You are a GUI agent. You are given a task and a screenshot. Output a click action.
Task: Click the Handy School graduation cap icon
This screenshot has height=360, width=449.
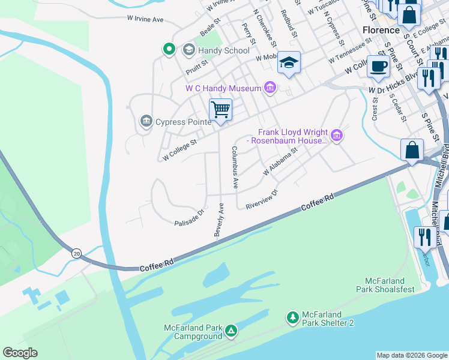[188, 50]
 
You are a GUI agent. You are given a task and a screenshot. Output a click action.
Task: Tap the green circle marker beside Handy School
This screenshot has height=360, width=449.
[169, 49]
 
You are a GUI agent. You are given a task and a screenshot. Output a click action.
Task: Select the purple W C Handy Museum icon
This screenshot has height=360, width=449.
[270, 88]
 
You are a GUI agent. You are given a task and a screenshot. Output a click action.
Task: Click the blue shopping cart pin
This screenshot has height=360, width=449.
[220, 110]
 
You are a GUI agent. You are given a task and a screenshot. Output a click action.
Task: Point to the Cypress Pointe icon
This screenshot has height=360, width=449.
[146, 122]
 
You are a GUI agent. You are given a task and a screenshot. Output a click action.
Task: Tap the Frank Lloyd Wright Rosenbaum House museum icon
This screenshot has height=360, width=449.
[336, 136]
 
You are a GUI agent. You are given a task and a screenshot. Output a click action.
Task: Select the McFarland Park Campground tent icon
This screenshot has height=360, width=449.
[231, 331]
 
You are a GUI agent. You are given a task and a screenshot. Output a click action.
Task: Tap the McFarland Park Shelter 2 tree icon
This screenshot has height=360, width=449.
[292, 317]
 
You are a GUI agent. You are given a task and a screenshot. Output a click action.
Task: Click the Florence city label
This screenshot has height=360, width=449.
[381, 30]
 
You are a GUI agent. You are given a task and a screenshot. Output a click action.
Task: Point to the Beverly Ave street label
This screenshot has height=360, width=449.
[220, 219]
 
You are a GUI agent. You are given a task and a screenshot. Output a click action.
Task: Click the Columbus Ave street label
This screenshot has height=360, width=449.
[235, 167]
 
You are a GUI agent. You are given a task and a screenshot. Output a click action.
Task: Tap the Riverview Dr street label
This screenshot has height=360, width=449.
[262, 200]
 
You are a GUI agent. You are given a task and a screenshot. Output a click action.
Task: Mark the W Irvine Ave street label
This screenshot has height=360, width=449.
[145, 19]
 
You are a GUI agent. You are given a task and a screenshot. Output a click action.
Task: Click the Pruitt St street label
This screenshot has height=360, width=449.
[196, 65]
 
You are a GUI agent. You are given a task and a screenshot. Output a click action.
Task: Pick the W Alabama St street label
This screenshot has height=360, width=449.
[280, 163]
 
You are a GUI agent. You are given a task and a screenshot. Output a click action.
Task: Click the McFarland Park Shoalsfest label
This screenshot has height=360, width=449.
[390, 286]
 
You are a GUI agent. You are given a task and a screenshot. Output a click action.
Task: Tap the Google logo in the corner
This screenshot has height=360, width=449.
[20, 353]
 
